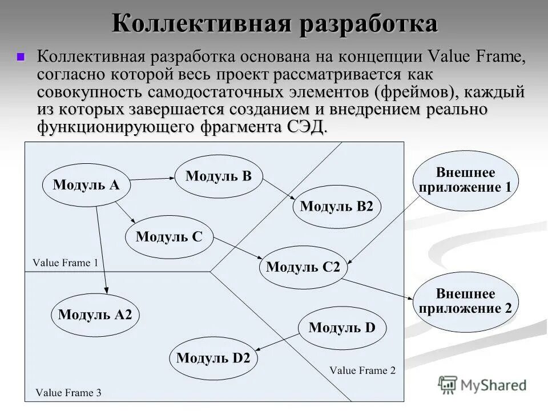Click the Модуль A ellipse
[x=87, y=184]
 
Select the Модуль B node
[x=218, y=176]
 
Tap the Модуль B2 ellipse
[x=336, y=206]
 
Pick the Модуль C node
[x=169, y=236]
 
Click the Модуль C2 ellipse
[x=303, y=267]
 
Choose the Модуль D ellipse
[x=342, y=328]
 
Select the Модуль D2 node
[x=213, y=358]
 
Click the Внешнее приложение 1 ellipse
[x=465, y=180]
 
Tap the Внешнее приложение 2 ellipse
[x=465, y=301]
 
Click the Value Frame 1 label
[x=65, y=263]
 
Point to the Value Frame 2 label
[x=362, y=370]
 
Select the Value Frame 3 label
[x=68, y=393]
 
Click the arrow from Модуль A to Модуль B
[x=152, y=180]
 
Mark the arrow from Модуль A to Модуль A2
[x=102, y=251]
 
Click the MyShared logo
[x=483, y=385]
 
